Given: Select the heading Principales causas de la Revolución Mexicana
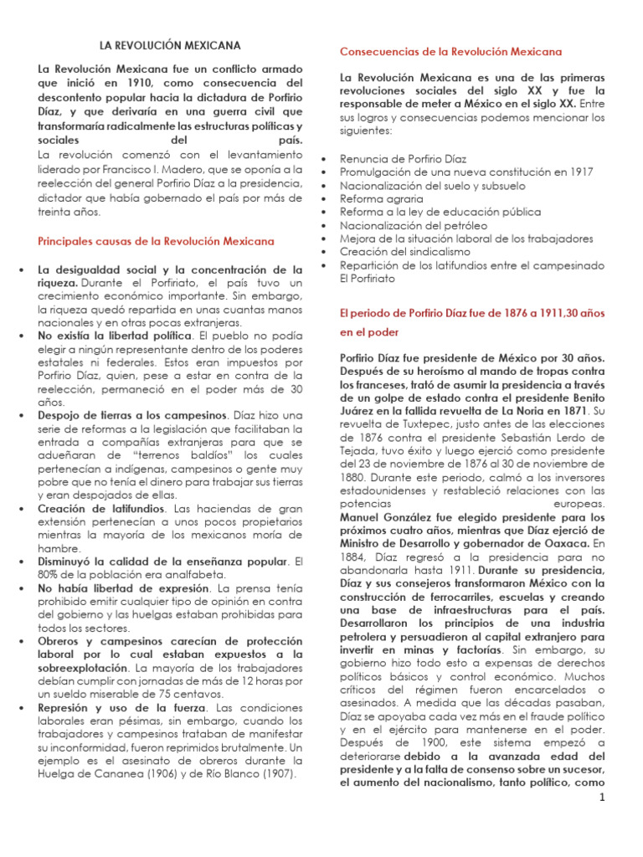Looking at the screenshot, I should click(157, 240).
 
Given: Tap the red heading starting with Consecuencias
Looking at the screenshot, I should click(450, 52).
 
